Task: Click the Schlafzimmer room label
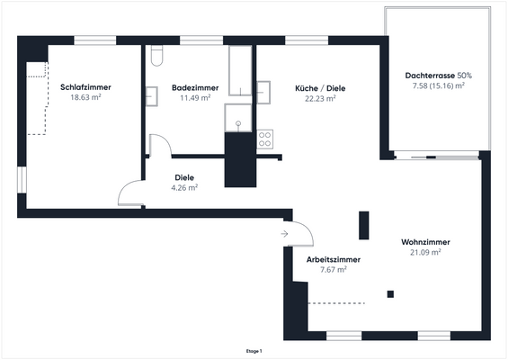(85, 87)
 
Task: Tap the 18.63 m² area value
(85, 97)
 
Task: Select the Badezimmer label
(191, 87)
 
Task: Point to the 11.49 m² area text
(191, 97)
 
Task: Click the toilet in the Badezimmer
(156, 58)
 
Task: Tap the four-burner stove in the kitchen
(265, 139)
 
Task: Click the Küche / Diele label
(320, 88)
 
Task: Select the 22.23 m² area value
(320, 98)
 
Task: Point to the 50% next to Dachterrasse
(464, 76)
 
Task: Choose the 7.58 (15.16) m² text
(438, 85)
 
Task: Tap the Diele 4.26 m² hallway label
(184, 183)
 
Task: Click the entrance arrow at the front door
(284, 234)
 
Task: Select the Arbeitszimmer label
(334, 259)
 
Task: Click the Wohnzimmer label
(425, 243)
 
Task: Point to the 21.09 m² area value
(425, 253)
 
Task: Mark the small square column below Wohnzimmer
(390, 293)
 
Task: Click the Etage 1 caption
(254, 350)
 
